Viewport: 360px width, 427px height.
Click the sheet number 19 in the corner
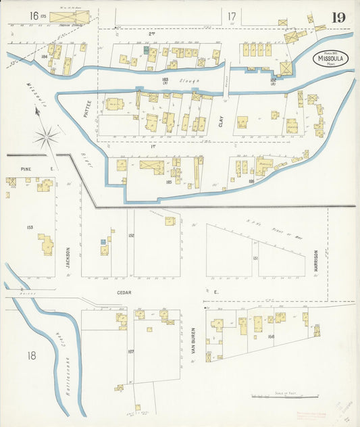[338, 17]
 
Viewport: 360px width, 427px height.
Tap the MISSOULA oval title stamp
[330, 59]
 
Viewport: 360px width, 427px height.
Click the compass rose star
[47, 138]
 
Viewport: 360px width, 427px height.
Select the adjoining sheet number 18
[31, 355]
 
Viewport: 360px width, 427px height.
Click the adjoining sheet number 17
[232, 16]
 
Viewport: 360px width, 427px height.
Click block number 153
[30, 228]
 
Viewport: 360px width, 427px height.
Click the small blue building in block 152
[103, 241]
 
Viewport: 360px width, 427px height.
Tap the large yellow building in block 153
[46, 244]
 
